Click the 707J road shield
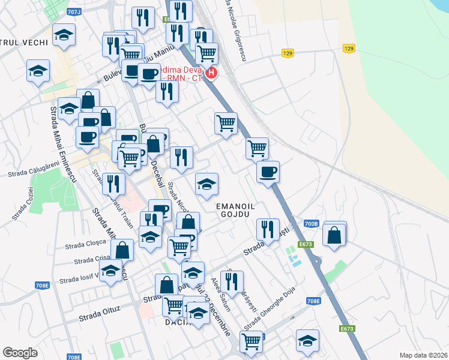(74, 11)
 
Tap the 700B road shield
(310, 224)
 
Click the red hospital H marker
(211, 74)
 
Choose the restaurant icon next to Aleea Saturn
(231, 281)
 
